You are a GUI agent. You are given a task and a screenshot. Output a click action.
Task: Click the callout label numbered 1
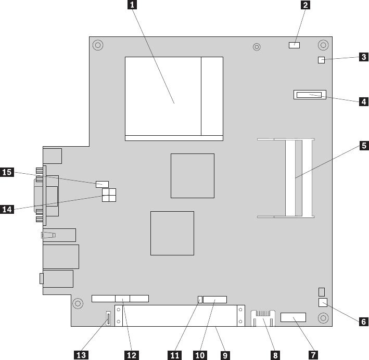click(x=133, y=6)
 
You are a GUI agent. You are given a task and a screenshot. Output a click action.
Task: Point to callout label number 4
click(x=363, y=101)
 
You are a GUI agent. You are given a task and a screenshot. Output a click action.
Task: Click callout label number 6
click(x=363, y=322)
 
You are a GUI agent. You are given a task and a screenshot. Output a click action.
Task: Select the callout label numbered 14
click(x=7, y=209)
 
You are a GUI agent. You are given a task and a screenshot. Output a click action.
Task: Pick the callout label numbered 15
click(x=7, y=172)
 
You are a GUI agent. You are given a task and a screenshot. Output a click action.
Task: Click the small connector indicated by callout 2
click(x=294, y=45)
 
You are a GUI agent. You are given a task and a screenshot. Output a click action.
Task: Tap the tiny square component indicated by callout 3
click(x=321, y=60)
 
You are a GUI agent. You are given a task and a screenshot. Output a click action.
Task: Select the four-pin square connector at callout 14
click(x=109, y=195)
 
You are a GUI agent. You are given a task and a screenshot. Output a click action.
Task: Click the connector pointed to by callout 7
click(x=293, y=317)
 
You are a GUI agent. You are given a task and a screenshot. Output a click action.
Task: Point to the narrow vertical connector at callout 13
click(x=108, y=318)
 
